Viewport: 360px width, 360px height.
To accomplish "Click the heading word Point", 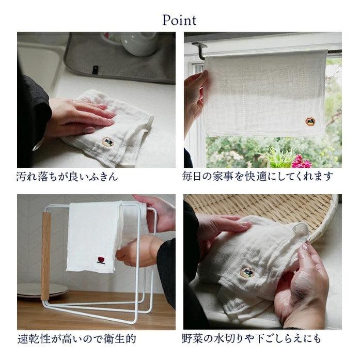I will point(179,20).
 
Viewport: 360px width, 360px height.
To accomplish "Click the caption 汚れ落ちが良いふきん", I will point(67,177).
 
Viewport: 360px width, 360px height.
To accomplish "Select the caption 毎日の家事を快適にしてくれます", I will point(258,177).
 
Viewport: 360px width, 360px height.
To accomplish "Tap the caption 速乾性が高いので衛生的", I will point(76,339).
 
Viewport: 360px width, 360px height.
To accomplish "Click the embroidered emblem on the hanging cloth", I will point(310,121).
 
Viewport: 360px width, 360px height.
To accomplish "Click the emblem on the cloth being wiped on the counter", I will point(107,140).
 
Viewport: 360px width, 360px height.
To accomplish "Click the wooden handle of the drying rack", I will point(46,256).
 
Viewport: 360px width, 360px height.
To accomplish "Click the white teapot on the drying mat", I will point(138,43).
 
